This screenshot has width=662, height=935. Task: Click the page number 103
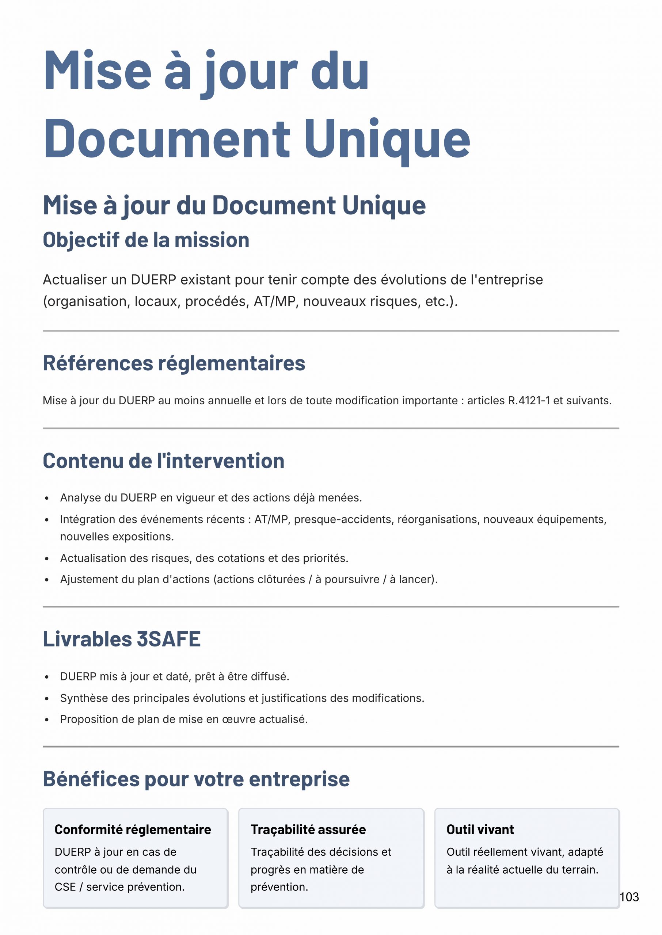629,896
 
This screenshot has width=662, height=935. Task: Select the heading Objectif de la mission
146,240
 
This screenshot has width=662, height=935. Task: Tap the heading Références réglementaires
174,363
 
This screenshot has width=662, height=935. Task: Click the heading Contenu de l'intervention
163,461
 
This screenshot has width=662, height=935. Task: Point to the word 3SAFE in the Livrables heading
168,639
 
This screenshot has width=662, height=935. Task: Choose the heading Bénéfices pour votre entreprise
196,779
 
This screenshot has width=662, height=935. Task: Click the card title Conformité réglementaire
133,829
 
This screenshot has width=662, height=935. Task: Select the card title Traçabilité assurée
308,829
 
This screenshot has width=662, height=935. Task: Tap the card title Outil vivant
480,829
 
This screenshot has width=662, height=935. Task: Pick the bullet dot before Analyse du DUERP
47,498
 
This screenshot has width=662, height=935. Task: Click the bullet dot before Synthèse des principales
47,699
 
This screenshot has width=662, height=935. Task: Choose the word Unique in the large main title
387,138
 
